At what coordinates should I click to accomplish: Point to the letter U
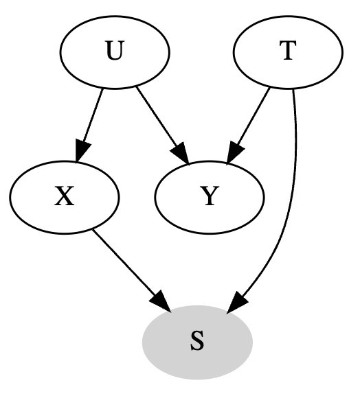click(115, 53)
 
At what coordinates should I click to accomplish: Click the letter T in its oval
click(288, 53)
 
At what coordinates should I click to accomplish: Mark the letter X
click(65, 198)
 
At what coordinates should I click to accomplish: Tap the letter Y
click(210, 198)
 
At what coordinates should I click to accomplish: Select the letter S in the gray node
click(197, 342)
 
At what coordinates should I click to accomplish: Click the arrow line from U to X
click(91, 117)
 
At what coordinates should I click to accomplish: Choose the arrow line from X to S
click(124, 264)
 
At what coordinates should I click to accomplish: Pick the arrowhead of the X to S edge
click(160, 301)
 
